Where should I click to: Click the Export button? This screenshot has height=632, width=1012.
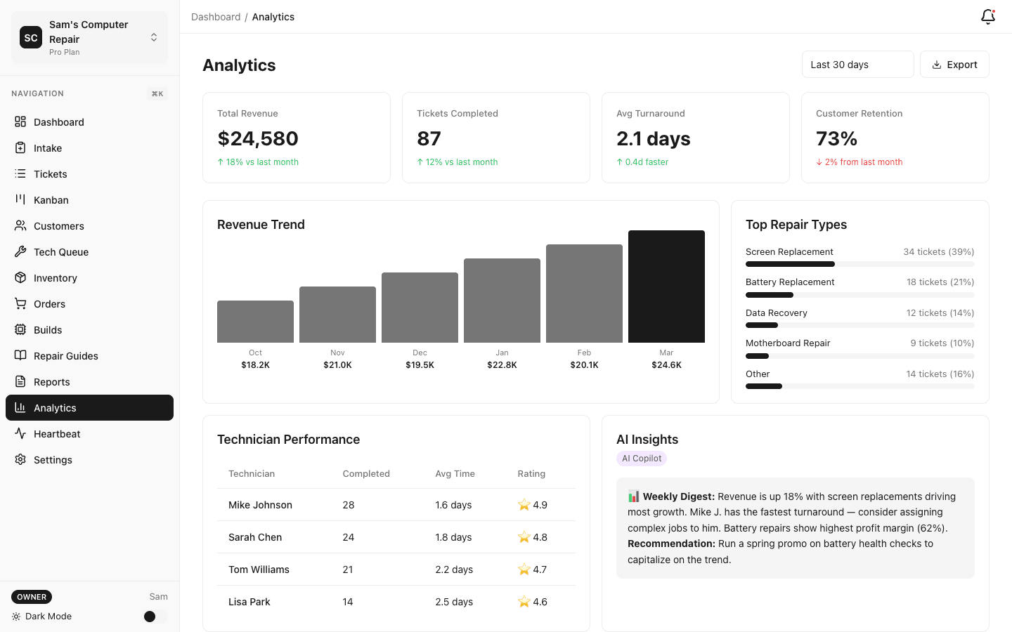pyautogui.click(x=954, y=65)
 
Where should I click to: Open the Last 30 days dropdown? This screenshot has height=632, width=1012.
pyautogui.click(x=857, y=65)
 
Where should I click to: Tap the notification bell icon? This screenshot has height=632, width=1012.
pyautogui.click(x=987, y=17)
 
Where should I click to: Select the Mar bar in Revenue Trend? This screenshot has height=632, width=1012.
pyautogui.click(x=666, y=287)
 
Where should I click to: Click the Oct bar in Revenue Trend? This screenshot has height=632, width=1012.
pyautogui.click(x=255, y=322)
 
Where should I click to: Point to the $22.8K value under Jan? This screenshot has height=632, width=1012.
pyautogui.click(x=502, y=365)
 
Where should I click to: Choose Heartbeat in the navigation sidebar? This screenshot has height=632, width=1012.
pyautogui.click(x=57, y=434)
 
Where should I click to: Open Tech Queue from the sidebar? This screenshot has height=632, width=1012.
pyautogui.click(x=61, y=252)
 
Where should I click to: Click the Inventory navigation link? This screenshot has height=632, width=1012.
pyautogui.click(x=56, y=278)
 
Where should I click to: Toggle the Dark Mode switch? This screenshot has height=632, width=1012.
pyautogui.click(x=155, y=617)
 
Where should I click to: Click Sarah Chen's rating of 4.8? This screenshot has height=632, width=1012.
pyautogui.click(x=533, y=537)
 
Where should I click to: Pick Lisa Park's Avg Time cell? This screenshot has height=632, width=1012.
pyautogui.click(x=454, y=602)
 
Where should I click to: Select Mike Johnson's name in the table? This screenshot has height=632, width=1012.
pyautogui.click(x=260, y=505)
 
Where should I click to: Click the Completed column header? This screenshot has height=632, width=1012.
pyautogui.click(x=366, y=474)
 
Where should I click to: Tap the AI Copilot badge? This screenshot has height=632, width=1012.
pyautogui.click(x=642, y=459)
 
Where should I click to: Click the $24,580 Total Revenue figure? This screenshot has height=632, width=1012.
pyautogui.click(x=258, y=139)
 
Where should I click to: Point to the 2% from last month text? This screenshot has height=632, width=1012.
pyautogui.click(x=863, y=162)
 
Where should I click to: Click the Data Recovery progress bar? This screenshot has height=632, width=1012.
pyautogui.click(x=859, y=325)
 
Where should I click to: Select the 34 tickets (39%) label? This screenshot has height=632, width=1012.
pyautogui.click(x=938, y=252)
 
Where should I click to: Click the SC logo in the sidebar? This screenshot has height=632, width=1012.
pyautogui.click(x=31, y=38)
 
